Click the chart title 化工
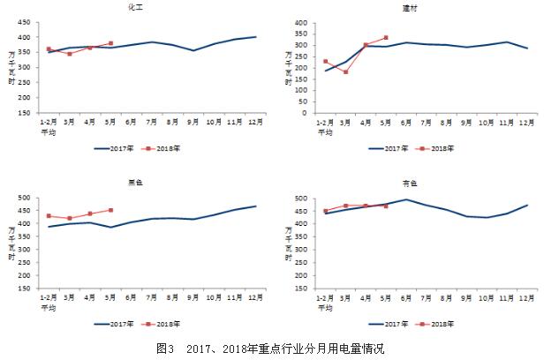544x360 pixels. [x=135, y=8]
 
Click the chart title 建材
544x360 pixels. [x=409, y=8]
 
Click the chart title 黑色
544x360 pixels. [x=135, y=183]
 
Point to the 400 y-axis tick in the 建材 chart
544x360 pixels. [x=300, y=23]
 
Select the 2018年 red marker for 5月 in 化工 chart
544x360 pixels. [x=110, y=43]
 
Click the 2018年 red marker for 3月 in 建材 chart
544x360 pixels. [x=346, y=72]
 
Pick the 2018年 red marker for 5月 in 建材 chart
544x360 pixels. [x=386, y=38]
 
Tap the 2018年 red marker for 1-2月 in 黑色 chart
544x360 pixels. [x=49, y=215]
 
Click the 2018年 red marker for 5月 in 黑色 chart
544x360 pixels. [x=110, y=210]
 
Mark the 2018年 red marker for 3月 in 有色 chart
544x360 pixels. [x=346, y=206]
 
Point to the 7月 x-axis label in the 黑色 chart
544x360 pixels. [x=151, y=297]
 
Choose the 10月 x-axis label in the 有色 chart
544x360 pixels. [x=487, y=297]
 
